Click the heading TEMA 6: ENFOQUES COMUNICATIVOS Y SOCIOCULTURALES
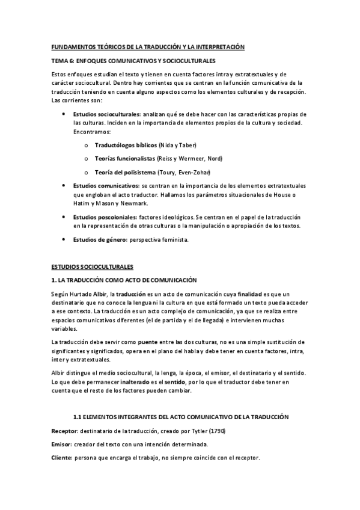tap(133, 61)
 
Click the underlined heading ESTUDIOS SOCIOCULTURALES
tap(92, 265)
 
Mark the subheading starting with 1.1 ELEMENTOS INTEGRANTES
tap(181, 417)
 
